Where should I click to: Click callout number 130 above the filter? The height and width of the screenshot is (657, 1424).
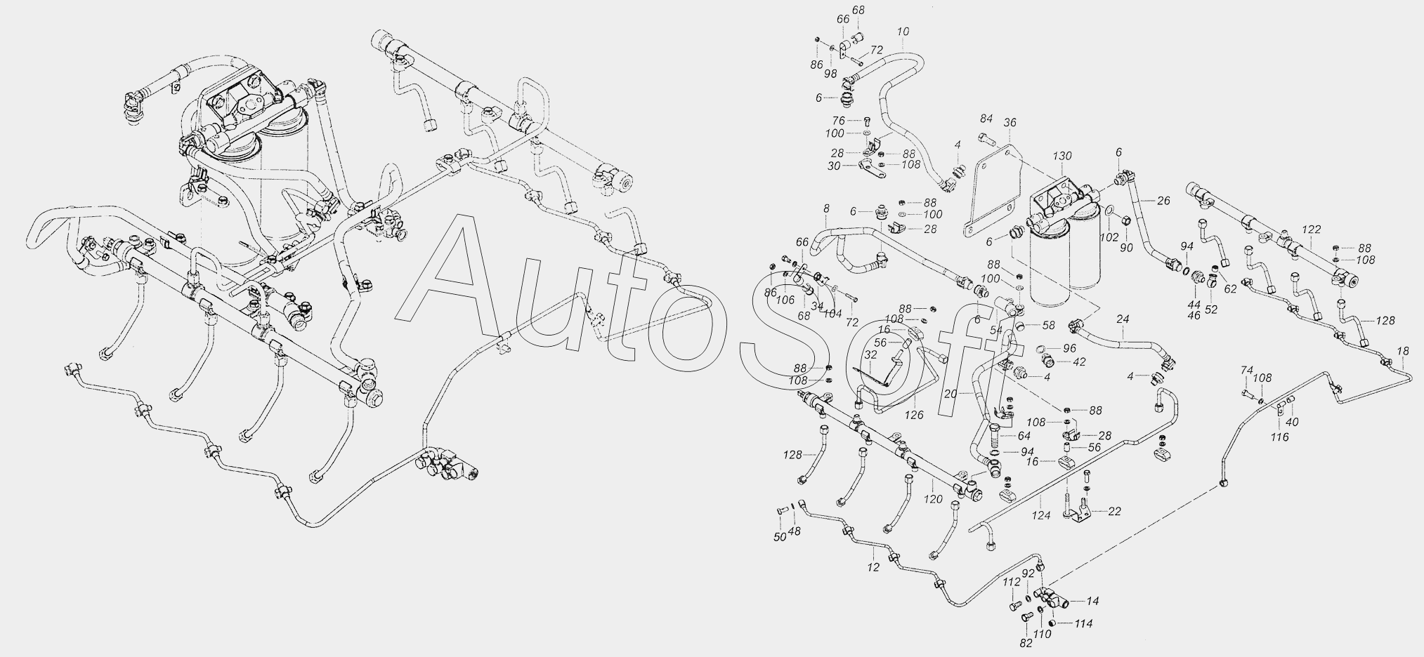pyautogui.click(x=1062, y=156)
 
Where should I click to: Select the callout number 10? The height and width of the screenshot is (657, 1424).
pyautogui.click(x=903, y=32)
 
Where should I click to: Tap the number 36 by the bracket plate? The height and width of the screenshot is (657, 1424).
pyautogui.click(x=1010, y=123)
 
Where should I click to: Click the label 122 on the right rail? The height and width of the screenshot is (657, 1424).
pyautogui.click(x=1312, y=229)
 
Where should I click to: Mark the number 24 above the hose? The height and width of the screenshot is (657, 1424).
pyautogui.click(x=1122, y=319)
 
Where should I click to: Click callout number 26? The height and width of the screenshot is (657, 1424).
pyautogui.click(x=1163, y=201)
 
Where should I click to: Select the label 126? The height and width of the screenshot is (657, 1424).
pyautogui.click(x=913, y=416)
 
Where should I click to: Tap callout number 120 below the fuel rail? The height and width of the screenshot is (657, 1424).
pyautogui.click(x=932, y=499)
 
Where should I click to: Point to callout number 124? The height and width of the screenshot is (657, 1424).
pyautogui.click(x=1041, y=515)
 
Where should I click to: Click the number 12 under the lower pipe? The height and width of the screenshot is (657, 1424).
pyautogui.click(x=873, y=568)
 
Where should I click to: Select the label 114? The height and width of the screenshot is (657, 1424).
pyautogui.click(x=1083, y=623)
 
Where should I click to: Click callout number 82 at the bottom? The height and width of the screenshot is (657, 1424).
pyautogui.click(x=1026, y=643)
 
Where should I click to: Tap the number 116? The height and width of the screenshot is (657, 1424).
pyautogui.click(x=1279, y=437)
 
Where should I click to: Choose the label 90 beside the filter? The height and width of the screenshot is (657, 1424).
pyautogui.click(x=1126, y=248)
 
